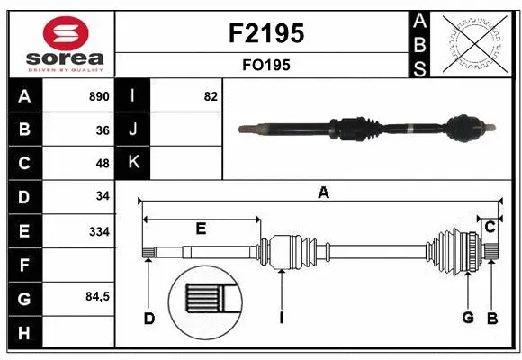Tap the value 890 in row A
pyautogui.click(x=98, y=96)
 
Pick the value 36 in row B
pyautogui.click(x=102, y=130)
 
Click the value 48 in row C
pyautogui.click(x=102, y=164)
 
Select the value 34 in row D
pyautogui.click(x=102, y=196)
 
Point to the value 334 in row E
pyautogui.click(x=98, y=231)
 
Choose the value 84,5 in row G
pyautogui.click(x=96, y=297)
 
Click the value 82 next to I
pyautogui.click(x=211, y=96)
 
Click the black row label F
pyautogui.click(x=23, y=265)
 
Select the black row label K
pyautogui.click(x=134, y=163)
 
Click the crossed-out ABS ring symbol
pyautogui.click(x=478, y=42)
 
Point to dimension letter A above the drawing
pyautogui.click(x=322, y=192)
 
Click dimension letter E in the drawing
pyautogui.click(x=201, y=229)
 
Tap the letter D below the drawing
pyautogui.click(x=149, y=317)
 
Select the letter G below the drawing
pyautogui.click(x=468, y=317)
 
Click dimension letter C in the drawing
pyautogui.click(x=490, y=227)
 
